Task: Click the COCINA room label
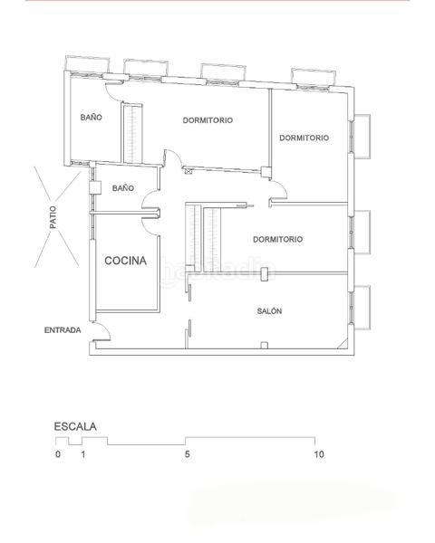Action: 125,261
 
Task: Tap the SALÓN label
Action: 269,310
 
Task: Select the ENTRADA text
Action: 63,330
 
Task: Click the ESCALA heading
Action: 75,425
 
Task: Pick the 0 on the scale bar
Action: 57,454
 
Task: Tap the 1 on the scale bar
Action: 82,454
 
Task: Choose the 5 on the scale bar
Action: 187,454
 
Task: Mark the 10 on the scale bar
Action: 318,454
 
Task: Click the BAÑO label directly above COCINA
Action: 123,188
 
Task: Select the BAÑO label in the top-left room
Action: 91,118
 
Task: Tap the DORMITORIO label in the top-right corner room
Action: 304,138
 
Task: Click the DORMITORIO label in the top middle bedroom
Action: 208,120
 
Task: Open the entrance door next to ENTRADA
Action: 102,334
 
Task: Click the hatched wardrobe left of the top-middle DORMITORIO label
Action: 133,134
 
